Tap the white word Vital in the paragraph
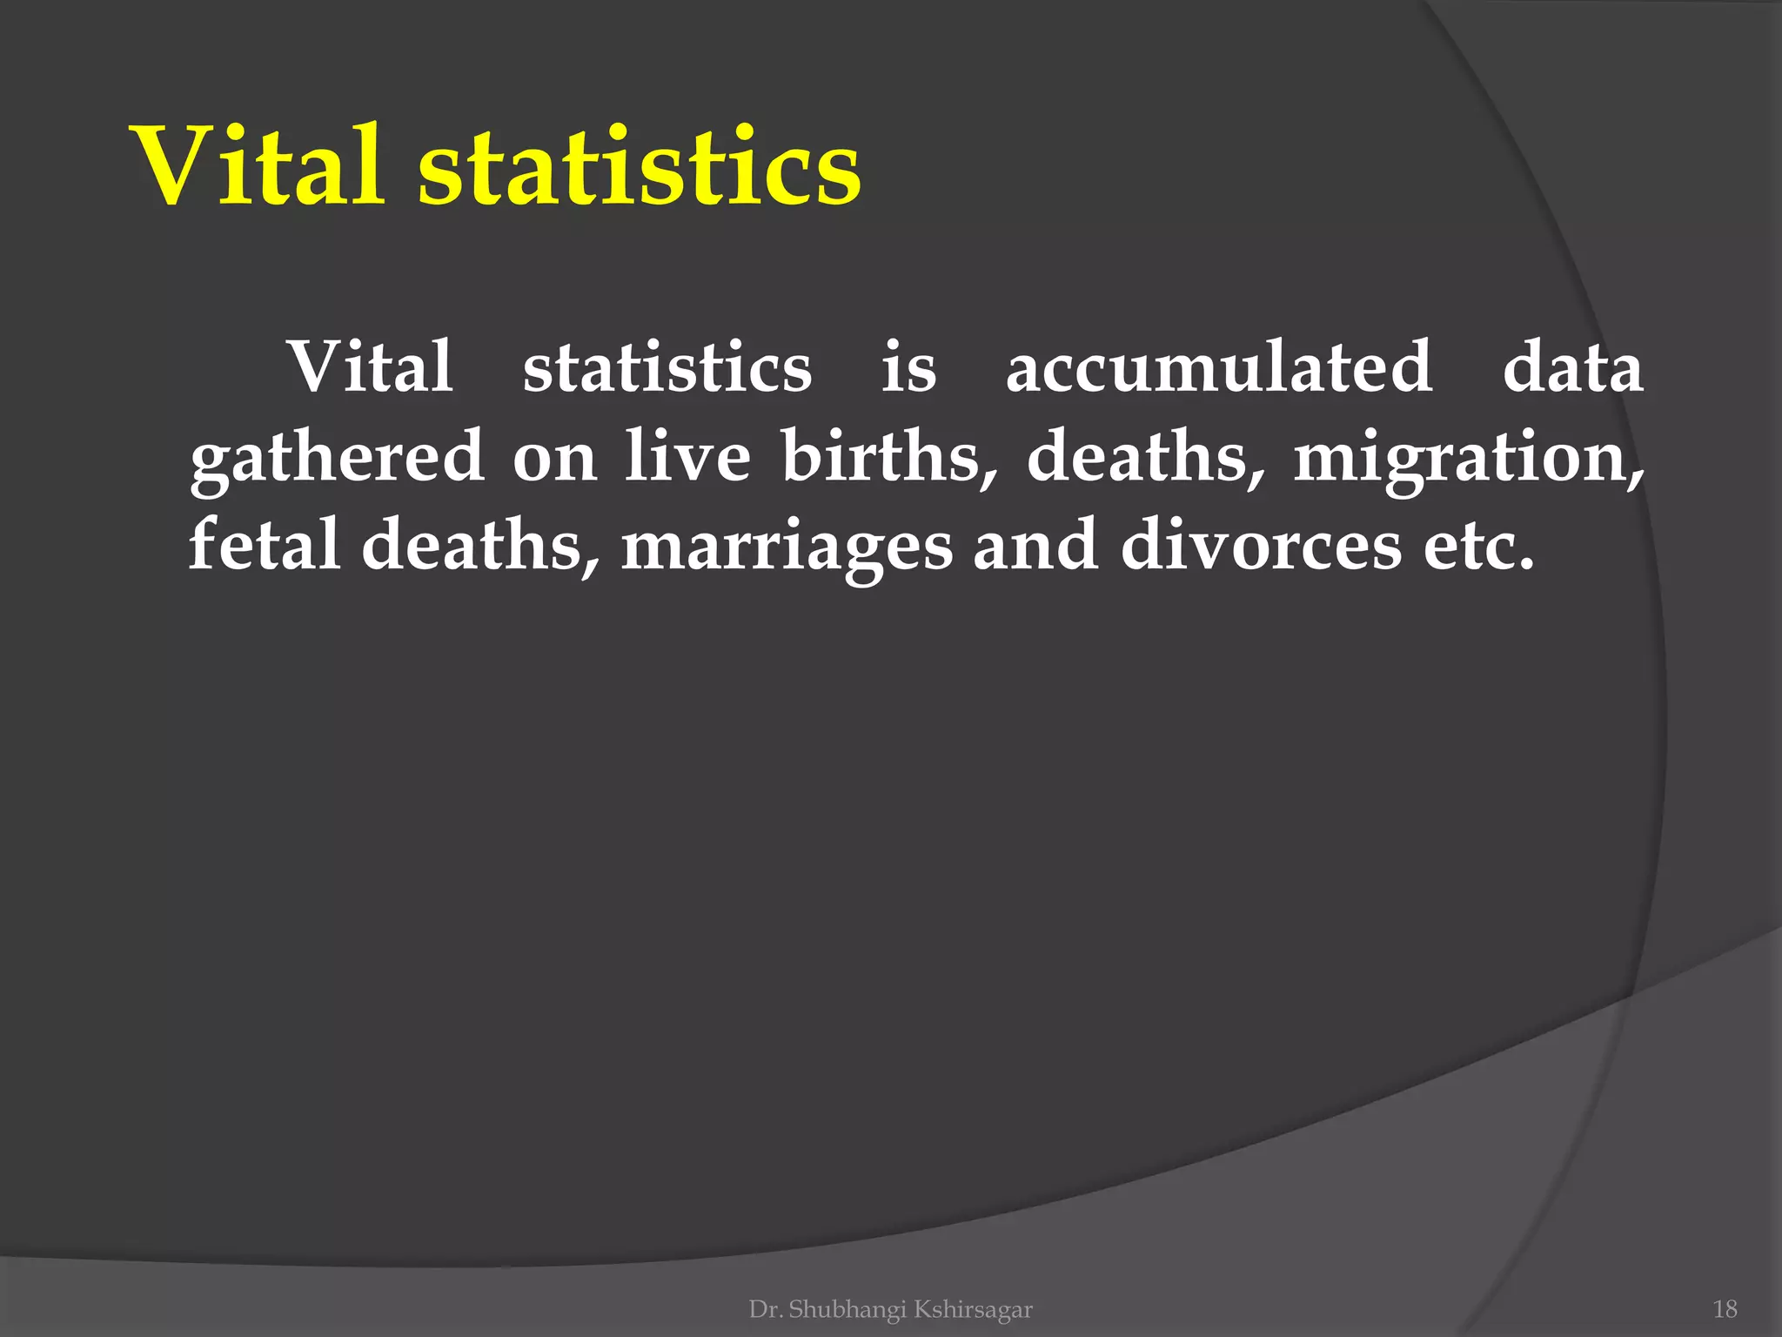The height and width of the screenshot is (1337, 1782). pyautogui.click(x=371, y=366)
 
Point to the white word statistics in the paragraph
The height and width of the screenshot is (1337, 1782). pyautogui.click(x=667, y=366)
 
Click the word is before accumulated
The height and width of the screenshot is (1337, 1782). pyautogui.click(x=908, y=366)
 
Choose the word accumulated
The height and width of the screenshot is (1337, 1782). pyautogui.click(x=1219, y=366)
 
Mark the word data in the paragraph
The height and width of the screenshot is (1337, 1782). pyautogui.click(x=1573, y=366)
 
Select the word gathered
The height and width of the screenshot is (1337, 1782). pyautogui.click(x=337, y=456)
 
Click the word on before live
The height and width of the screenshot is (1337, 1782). pyautogui.click(x=554, y=458)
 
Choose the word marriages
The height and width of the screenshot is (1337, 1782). pyautogui.click(x=787, y=547)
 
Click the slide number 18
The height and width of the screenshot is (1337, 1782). pyautogui.click(x=1725, y=1309)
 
